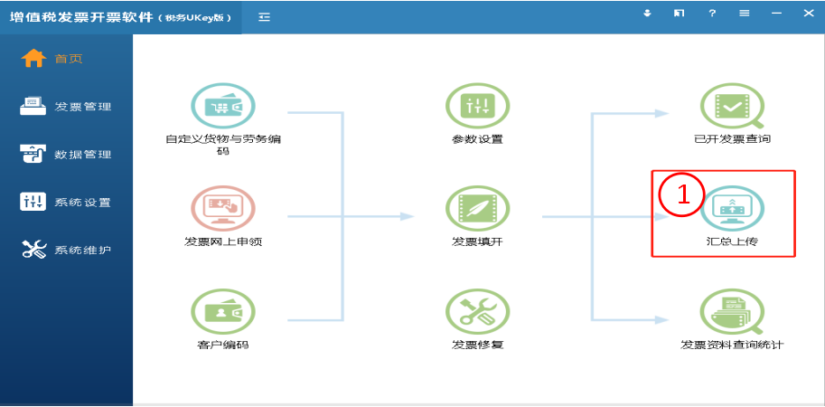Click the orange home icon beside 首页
(x=33, y=59)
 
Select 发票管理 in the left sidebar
(x=82, y=107)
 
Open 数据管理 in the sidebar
(x=82, y=155)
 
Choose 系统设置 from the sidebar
(x=82, y=203)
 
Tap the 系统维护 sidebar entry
(x=82, y=250)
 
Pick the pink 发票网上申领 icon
(x=222, y=209)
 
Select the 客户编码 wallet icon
(x=222, y=312)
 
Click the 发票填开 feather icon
(x=477, y=209)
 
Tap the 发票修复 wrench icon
(x=477, y=312)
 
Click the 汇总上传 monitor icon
(x=732, y=209)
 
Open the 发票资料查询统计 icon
(x=732, y=312)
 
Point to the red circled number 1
(x=682, y=194)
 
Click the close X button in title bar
(x=809, y=14)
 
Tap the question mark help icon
(x=712, y=14)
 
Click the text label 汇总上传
(x=732, y=242)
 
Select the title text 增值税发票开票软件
(x=80, y=17)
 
